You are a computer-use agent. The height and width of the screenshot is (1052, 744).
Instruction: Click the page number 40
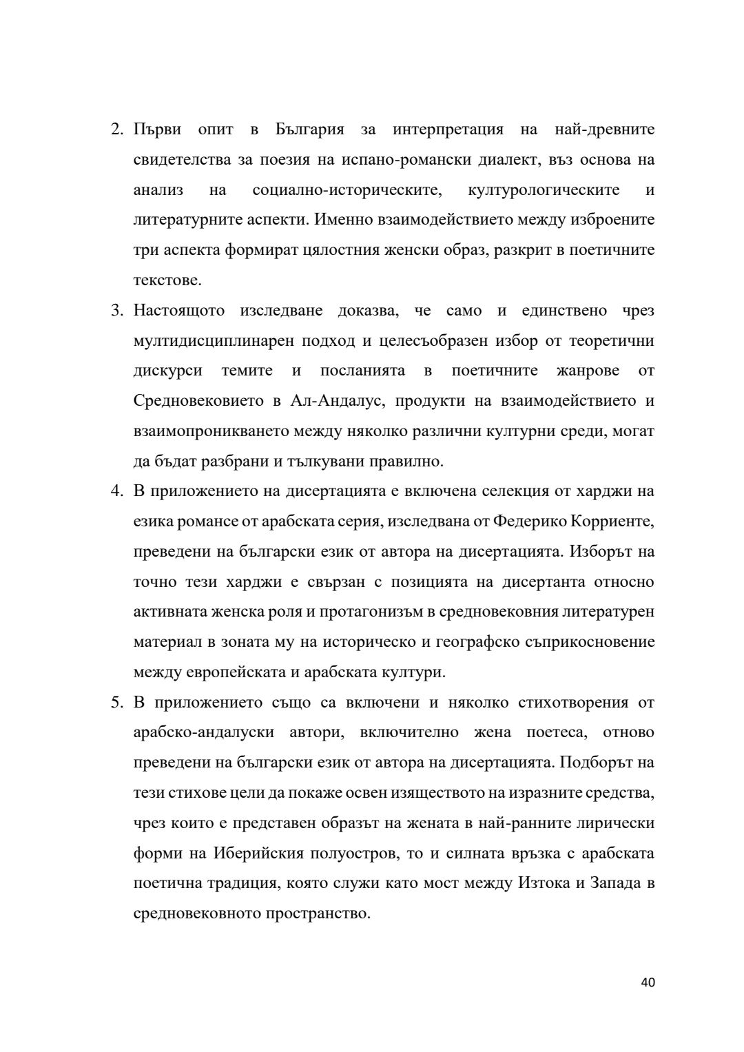(647, 982)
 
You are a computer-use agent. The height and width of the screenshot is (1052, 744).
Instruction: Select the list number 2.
(116, 130)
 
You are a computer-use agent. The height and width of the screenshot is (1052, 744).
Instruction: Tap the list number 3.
(116, 311)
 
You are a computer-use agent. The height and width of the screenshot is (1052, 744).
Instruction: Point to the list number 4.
(116, 492)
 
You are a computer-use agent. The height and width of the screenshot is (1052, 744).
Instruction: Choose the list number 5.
(116, 703)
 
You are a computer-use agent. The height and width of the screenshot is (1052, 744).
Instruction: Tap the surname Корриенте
(612, 522)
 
